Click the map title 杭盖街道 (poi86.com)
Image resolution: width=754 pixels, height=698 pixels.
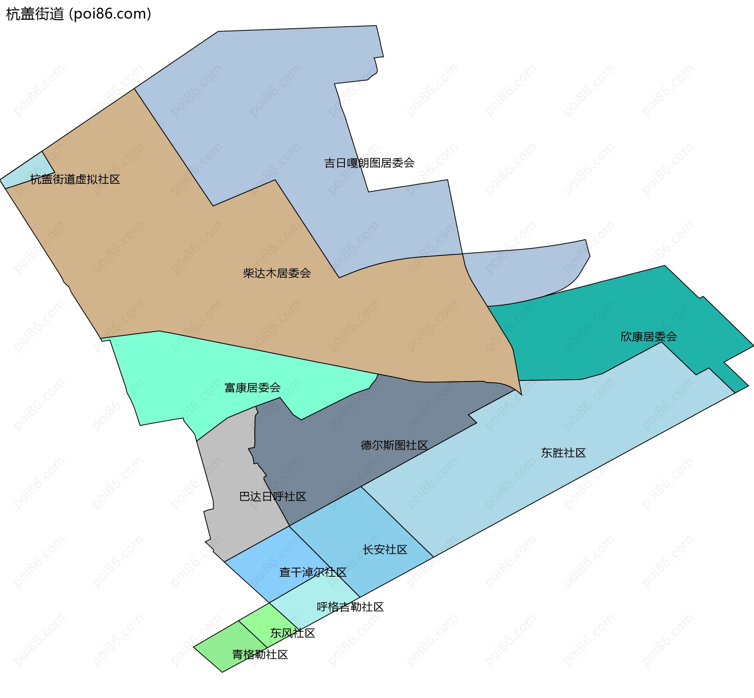(79, 14)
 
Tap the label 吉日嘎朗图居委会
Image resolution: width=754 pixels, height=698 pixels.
(369, 163)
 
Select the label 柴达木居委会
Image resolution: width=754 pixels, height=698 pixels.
(277, 273)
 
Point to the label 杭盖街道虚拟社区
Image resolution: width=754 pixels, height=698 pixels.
(75, 179)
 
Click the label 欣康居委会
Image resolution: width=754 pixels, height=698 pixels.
(648, 337)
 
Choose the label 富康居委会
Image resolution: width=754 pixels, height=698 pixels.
(253, 388)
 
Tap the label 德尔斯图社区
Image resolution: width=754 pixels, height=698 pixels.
(394, 445)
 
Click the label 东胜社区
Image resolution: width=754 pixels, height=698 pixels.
(563, 453)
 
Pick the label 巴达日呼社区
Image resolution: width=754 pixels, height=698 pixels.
(273, 497)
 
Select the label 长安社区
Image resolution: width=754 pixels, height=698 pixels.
(385, 550)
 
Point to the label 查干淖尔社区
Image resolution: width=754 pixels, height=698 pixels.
(313, 572)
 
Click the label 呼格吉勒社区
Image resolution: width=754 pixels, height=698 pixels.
(350, 607)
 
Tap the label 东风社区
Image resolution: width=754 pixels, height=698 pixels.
(293, 633)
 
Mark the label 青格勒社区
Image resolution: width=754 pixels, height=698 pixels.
(260, 654)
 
